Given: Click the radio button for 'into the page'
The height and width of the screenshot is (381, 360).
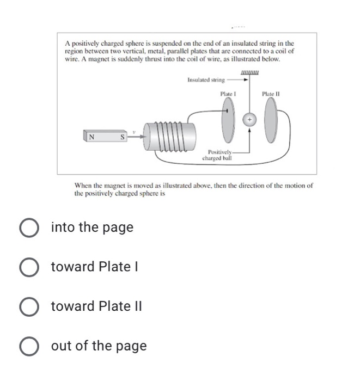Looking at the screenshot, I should point(31,228).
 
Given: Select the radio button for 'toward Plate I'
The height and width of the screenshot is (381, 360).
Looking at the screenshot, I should point(31,267).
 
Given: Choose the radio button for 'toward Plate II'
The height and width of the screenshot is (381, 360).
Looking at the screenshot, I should point(31,306).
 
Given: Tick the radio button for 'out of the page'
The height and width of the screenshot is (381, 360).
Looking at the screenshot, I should point(31,346).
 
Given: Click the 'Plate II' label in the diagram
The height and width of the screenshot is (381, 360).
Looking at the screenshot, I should point(270,94).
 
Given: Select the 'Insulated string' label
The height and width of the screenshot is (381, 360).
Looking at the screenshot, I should point(205,80).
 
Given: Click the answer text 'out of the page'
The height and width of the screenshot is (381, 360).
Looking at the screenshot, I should point(99,346).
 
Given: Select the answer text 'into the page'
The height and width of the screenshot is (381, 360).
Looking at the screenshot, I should point(92,228).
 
